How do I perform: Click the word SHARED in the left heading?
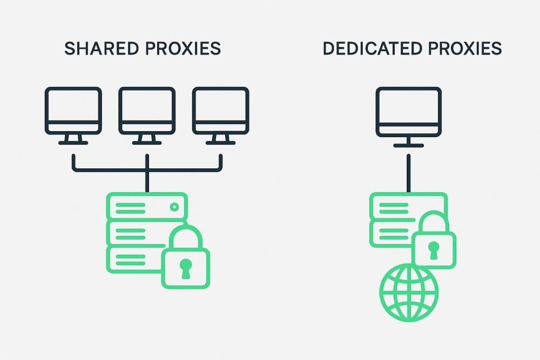(x=102, y=48)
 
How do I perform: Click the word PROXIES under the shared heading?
(x=183, y=48)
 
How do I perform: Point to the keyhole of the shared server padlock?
(x=186, y=268)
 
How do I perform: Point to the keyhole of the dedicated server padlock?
(x=434, y=250)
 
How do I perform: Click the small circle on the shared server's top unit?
(x=174, y=207)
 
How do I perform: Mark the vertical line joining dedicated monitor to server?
(x=408, y=173)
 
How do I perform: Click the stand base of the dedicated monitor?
(x=408, y=146)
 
